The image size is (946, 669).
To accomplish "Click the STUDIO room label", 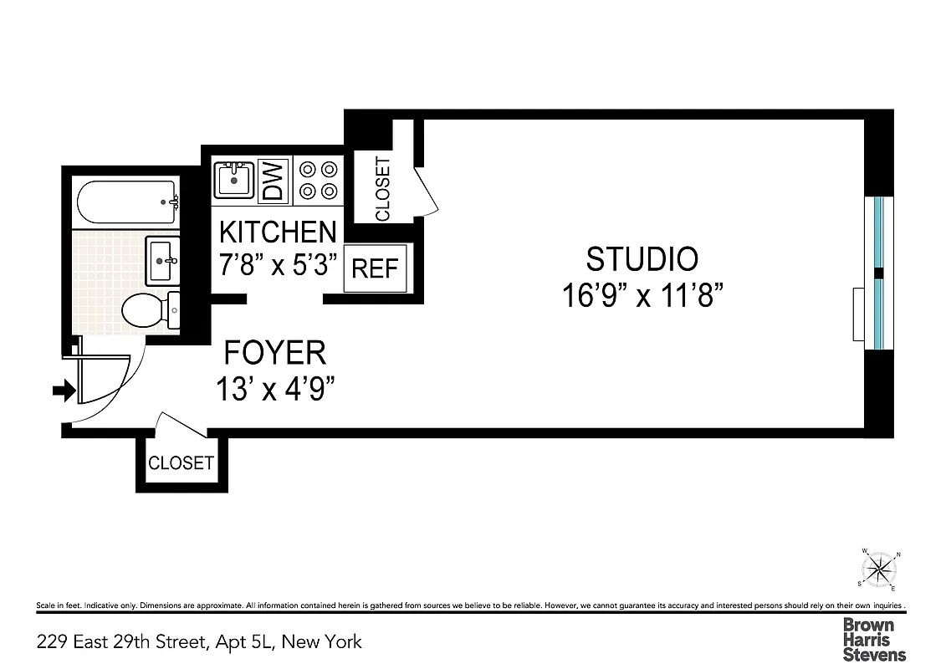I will [x=642, y=259].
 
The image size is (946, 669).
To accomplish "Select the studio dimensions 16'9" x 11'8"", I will [x=642, y=296].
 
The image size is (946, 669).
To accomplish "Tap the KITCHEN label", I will [x=278, y=232].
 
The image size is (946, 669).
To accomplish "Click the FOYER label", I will [x=274, y=354].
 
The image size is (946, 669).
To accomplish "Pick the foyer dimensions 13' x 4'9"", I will [x=276, y=390].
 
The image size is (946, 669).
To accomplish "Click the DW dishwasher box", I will [x=274, y=180].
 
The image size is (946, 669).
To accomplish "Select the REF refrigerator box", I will [x=375, y=268].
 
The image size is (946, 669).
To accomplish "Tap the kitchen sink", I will [x=235, y=179].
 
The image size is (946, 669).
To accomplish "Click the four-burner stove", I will [x=320, y=180].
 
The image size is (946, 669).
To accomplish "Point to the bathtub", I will [x=127, y=202].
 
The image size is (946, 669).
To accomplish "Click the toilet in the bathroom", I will [x=150, y=310].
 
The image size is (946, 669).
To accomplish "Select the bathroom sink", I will [x=163, y=260].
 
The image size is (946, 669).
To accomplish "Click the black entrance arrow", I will [x=64, y=390].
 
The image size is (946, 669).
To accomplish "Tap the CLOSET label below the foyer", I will [x=181, y=463].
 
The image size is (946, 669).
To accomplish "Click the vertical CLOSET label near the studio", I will [x=383, y=189].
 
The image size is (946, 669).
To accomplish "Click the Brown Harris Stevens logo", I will [x=874, y=639].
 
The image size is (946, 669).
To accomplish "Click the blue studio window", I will [x=878, y=273].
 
